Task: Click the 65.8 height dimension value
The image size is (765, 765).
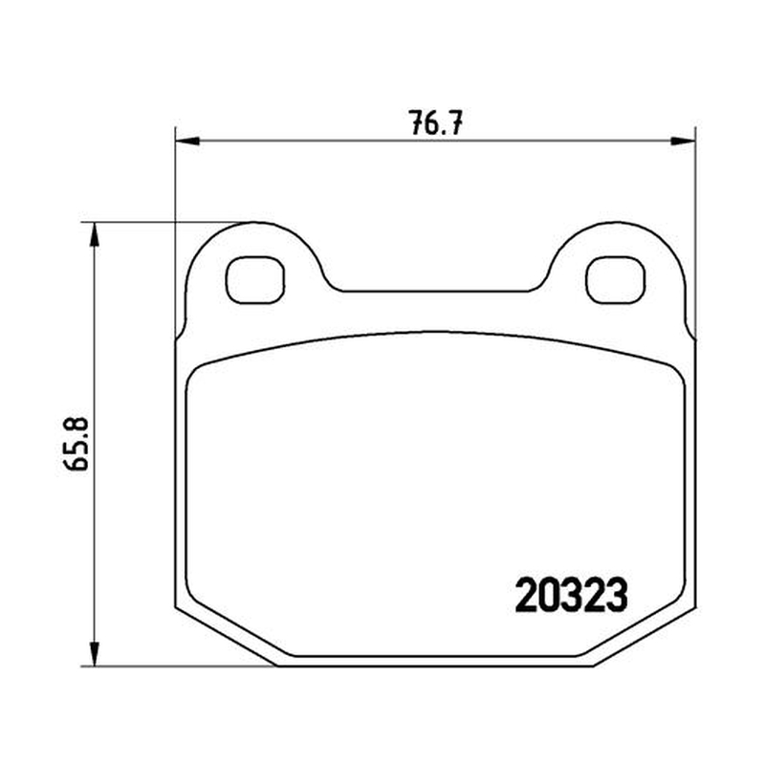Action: [x=76, y=443]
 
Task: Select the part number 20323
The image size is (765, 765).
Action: [x=571, y=595]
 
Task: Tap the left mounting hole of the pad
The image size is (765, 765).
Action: [x=254, y=280]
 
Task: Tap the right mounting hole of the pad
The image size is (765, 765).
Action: [x=616, y=280]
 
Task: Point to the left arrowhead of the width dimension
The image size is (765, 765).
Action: [x=187, y=142]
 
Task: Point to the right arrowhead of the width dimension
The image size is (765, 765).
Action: [x=683, y=142]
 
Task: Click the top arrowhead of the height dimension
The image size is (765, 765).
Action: [x=95, y=235]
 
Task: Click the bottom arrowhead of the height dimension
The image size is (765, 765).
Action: [x=95, y=653]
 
